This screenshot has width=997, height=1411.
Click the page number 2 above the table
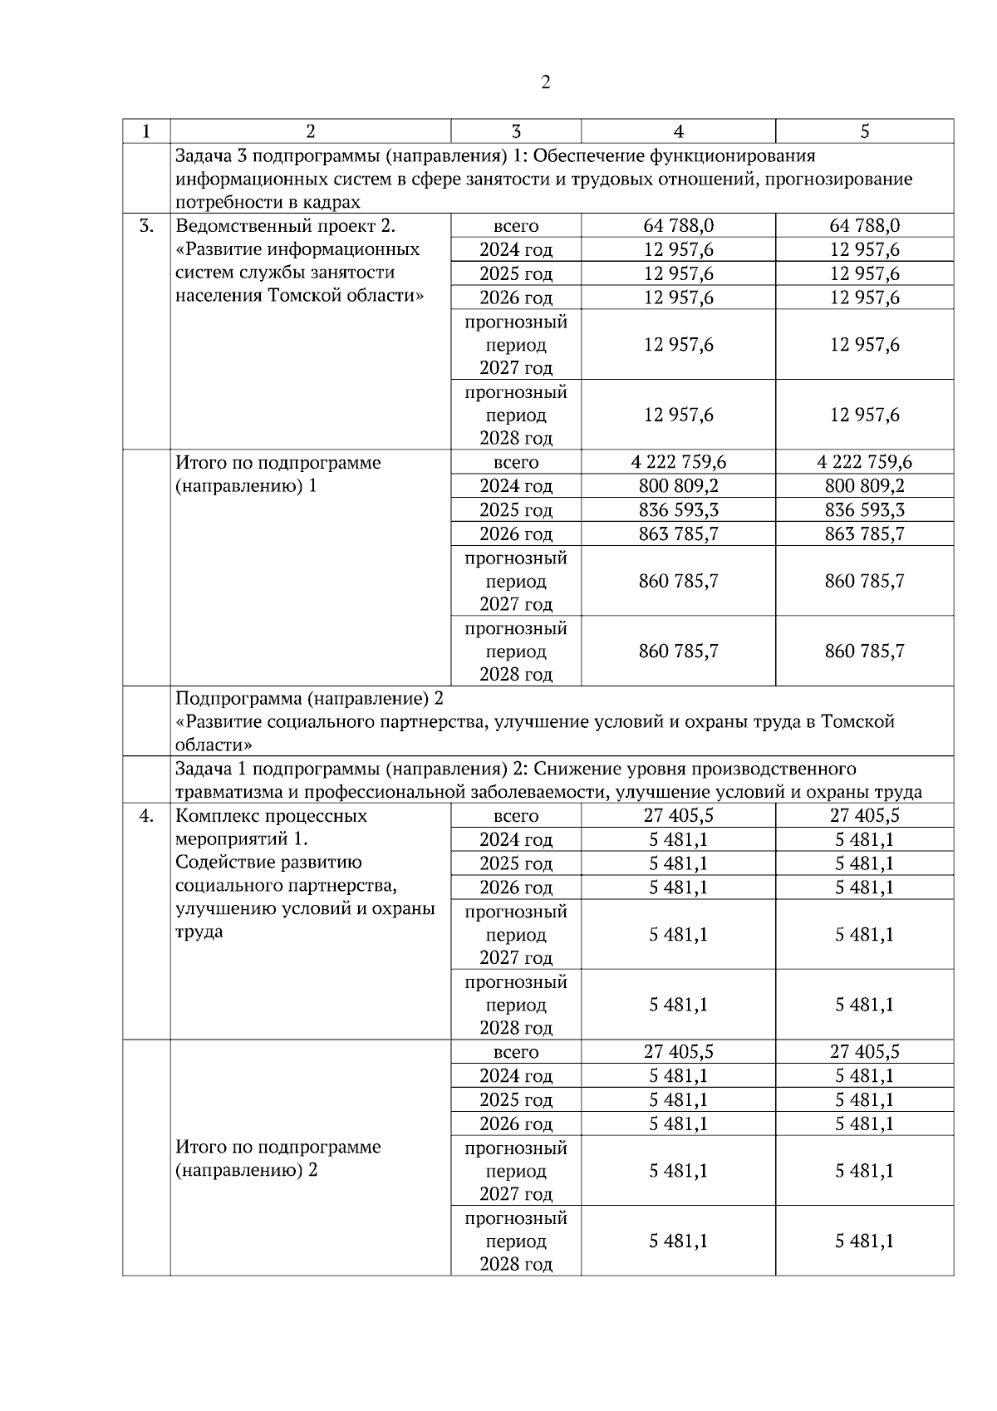545,82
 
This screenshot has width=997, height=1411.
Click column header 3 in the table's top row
516,131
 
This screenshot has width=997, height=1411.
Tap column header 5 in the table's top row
864,131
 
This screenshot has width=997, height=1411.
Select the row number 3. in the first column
146,226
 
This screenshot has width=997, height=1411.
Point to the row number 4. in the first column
146,816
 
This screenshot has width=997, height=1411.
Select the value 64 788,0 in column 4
678,226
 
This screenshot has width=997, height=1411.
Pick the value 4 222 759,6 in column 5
864,462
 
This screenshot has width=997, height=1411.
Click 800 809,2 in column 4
678,486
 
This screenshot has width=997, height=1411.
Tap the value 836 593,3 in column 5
864,509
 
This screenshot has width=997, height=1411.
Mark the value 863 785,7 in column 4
678,533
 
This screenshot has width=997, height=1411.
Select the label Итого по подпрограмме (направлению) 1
277,474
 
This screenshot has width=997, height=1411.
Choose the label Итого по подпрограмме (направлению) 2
277,1158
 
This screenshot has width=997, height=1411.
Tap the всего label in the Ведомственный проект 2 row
516,226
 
